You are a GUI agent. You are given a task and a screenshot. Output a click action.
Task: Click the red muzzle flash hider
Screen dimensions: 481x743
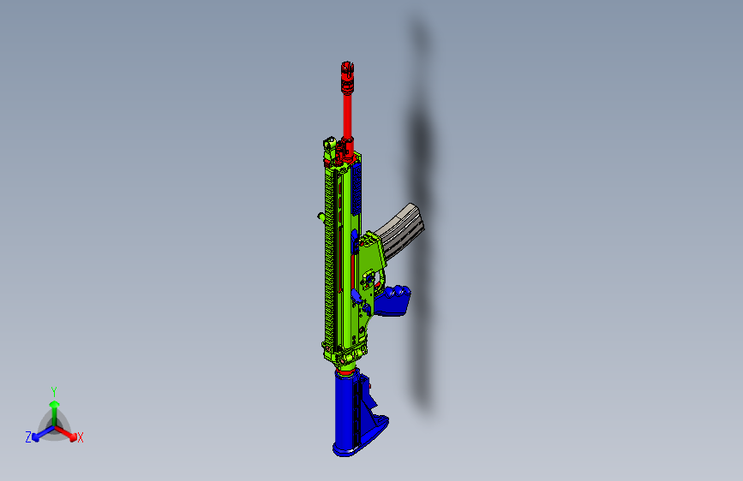[347, 75]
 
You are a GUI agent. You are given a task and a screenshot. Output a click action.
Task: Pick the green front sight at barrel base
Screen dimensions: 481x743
[329, 147]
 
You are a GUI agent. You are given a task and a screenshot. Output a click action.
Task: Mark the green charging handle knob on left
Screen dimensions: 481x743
[320, 217]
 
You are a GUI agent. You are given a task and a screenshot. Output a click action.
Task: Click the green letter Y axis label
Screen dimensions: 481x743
[53, 390]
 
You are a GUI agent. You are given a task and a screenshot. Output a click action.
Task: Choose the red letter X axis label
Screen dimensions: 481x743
[81, 438]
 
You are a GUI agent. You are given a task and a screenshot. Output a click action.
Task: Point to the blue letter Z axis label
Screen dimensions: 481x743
[28, 437]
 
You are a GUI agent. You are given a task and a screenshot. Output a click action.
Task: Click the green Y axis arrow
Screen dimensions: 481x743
[54, 407]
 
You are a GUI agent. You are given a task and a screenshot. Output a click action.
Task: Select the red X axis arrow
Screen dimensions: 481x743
[69, 432]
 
